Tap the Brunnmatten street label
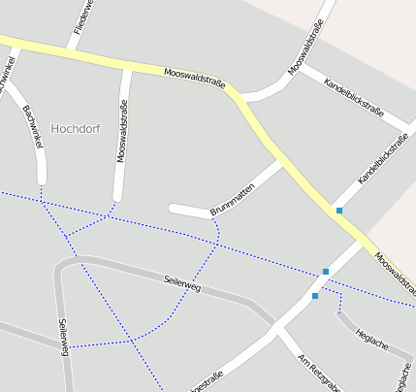click(x=232, y=191)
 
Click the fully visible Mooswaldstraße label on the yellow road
click(x=194, y=79)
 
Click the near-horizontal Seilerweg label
click(x=181, y=282)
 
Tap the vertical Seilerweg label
click(x=63, y=337)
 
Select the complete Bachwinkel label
click(x=33, y=126)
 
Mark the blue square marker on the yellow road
click(x=338, y=211)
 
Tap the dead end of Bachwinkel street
click(x=42, y=180)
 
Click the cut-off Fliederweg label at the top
click(x=84, y=14)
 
